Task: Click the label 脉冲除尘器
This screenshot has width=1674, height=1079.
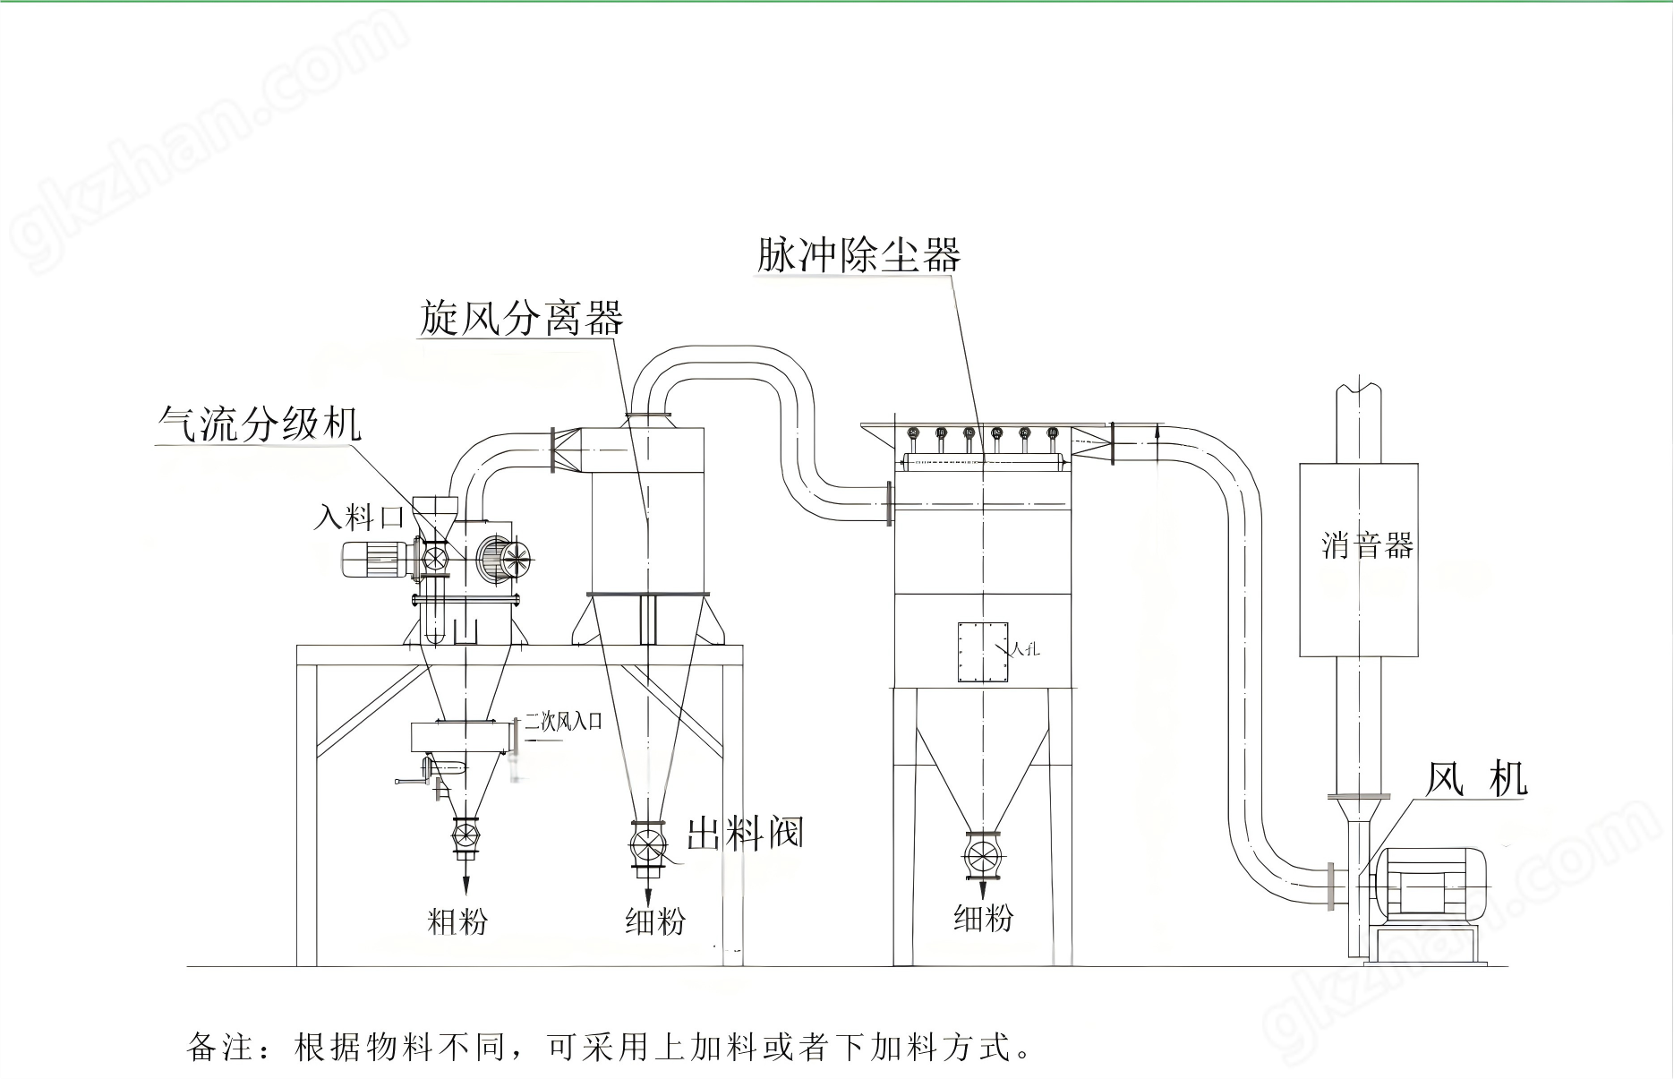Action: click(x=858, y=254)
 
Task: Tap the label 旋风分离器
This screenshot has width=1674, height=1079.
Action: click(x=521, y=319)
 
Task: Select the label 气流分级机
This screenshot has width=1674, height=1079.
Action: click(x=260, y=423)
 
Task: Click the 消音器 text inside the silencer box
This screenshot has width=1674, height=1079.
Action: click(x=1366, y=545)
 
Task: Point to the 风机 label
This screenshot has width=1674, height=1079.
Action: click(x=1474, y=779)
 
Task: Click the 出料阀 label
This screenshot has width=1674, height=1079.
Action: click(x=745, y=834)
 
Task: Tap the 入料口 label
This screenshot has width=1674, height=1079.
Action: click(x=358, y=517)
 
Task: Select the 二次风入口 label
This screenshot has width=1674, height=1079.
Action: click(x=563, y=722)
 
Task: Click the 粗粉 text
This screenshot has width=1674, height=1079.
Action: click(x=457, y=921)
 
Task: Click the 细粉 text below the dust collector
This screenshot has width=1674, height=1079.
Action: click(x=983, y=918)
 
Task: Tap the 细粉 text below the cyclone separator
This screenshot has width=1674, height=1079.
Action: click(x=654, y=921)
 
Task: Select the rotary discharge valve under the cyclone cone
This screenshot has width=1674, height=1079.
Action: click(x=648, y=845)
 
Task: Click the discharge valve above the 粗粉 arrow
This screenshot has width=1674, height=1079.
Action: click(x=465, y=835)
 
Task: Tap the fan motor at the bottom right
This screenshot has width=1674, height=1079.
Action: click(x=1430, y=882)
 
